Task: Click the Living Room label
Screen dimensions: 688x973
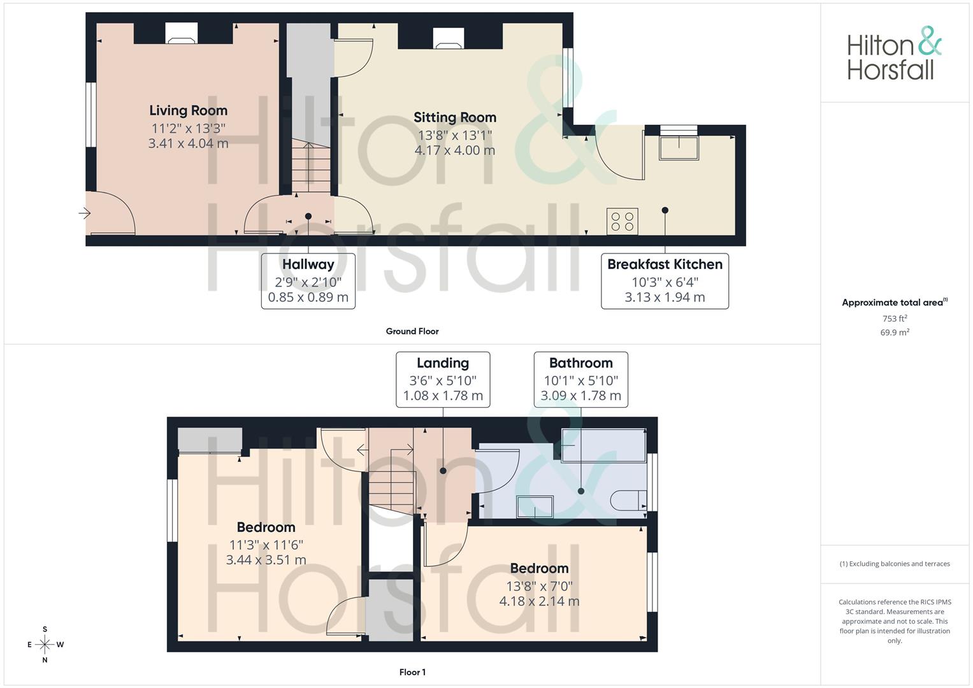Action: point(188,111)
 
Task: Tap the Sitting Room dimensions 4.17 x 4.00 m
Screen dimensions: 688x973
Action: point(454,150)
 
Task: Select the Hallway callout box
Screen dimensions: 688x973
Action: point(308,280)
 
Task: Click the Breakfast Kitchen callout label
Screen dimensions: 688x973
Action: point(665,264)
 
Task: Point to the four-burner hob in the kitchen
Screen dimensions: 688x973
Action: point(622,222)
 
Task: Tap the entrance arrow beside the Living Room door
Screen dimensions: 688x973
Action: point(84,213)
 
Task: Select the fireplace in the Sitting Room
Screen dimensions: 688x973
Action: point(449,39)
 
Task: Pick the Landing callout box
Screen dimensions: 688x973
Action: point(443,379)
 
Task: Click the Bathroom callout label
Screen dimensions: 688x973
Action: point(580,363)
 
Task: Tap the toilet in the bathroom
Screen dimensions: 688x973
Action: point(628,501)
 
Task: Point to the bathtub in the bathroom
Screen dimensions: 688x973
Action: point(603,444)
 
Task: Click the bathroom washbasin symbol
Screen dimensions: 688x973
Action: point(534,507)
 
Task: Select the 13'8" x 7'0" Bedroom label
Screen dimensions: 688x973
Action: point(539,568)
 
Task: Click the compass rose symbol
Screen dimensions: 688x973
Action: point(45,645)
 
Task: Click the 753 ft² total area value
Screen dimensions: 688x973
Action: point(894,319)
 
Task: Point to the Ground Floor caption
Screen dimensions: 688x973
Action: point(412,331)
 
